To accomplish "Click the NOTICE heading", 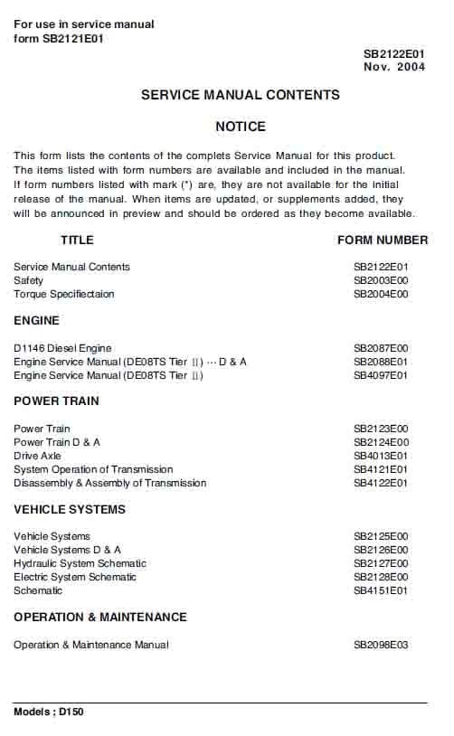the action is tap(241, 127).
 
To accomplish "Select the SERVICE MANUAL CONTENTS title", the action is tap(241, 95).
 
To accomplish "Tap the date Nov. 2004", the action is tap(393, 68).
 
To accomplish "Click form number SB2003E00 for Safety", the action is tap(381, 280).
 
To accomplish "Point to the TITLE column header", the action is tap(77, 241).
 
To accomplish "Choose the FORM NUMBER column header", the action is tap(383, 241).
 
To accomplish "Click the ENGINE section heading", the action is tap(36, 320).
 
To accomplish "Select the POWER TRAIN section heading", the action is tap(56, 401).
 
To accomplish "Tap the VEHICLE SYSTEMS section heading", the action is tap(70, 509).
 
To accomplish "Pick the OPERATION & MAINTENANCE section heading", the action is tap(100, 617).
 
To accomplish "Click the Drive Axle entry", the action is tap(38, 456).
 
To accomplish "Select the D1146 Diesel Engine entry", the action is tap(62, 348).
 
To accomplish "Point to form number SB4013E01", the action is tap(381, 456).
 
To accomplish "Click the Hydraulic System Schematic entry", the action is tap(80, 563).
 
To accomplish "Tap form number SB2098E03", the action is tap(381, 645).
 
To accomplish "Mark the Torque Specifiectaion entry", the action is tap(64, 294).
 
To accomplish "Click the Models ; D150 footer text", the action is tap(49, 712).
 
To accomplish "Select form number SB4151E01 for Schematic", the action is tap(381, 590).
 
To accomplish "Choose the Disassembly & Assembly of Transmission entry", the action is tap(109, 483).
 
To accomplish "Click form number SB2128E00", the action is tap(381, 577).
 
